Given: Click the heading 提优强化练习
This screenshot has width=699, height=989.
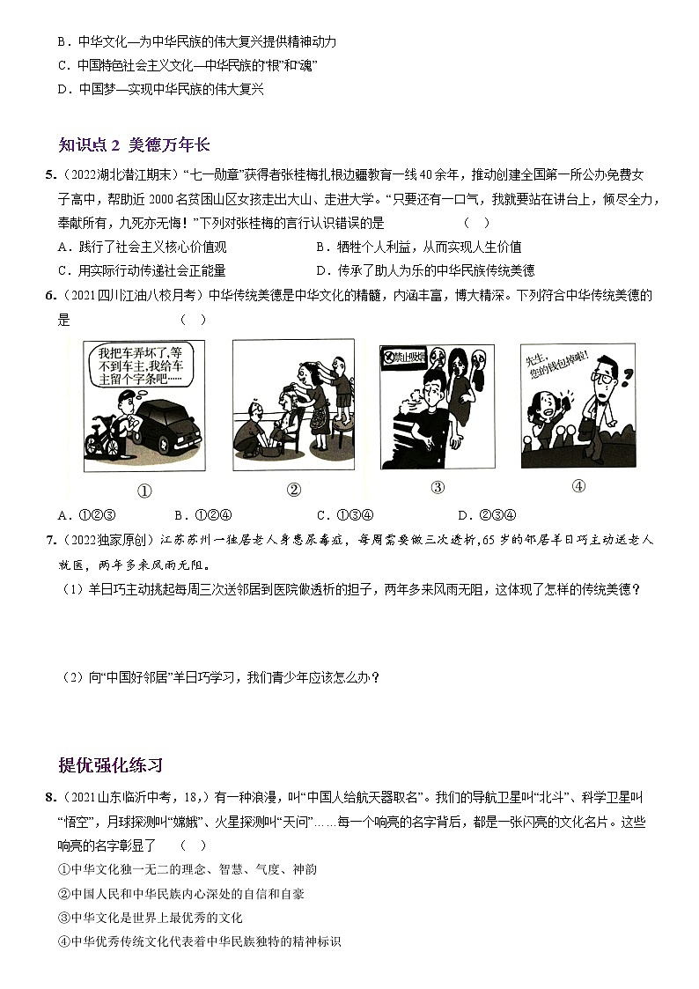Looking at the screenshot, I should click(x=110, y=764).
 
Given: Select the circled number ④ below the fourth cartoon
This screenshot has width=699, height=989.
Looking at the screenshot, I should click(x=578, y=486).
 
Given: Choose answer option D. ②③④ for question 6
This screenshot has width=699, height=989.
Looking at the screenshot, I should click(x=486, y=515).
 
